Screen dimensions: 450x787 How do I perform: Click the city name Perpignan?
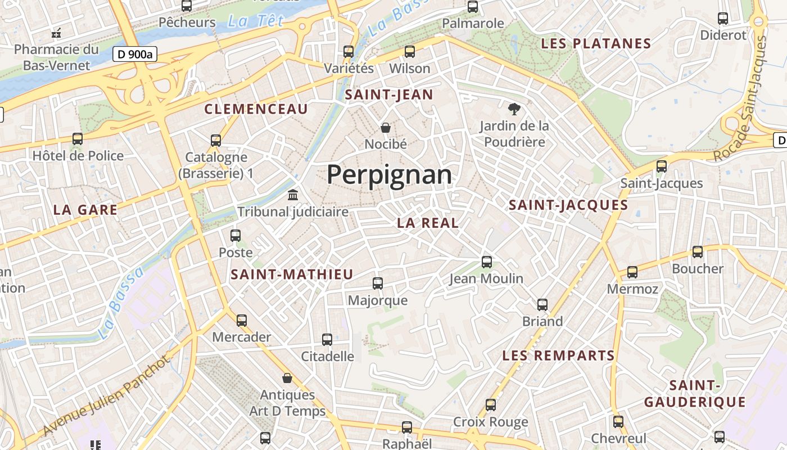389,174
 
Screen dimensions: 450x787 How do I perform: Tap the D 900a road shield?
135,54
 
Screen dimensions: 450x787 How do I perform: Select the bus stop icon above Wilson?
410,52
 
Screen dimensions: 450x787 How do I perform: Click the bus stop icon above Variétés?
349,52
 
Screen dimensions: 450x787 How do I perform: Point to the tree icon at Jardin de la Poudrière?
514,109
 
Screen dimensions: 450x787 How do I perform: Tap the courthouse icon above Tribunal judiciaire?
293,195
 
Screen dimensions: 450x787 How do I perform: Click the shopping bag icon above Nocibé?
386,128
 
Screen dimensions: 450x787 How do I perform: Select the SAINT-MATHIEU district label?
292,274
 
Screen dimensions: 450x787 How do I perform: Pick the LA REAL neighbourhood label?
428,223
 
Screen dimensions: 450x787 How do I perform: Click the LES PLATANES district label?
596,43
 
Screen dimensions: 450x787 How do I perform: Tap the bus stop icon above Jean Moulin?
487,262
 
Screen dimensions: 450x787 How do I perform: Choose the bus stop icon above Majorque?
378,283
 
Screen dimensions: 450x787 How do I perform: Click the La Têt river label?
256,21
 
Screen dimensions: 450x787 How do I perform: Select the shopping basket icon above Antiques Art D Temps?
287,378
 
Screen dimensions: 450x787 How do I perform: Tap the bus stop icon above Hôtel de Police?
78,139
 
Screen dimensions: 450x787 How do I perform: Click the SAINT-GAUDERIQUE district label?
695,394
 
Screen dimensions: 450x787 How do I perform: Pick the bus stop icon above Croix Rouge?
491,405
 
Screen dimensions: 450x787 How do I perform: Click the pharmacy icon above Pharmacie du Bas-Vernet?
56,33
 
